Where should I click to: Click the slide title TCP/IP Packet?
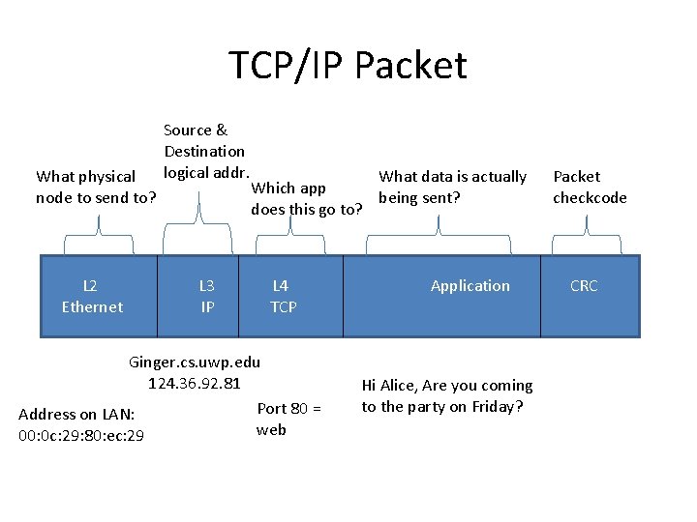coord(348,66)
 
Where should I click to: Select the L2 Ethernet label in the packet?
coord(92,296)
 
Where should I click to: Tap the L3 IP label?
coord(206,296)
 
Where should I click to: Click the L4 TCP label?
coord(283,296)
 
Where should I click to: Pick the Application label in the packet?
coord(470,286)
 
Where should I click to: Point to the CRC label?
coord(584,286)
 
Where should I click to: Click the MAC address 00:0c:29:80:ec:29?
coord(81,436)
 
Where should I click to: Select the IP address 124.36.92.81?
coord(194,384)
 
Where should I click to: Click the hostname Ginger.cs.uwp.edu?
coord(195,362)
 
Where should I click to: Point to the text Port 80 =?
coord(288,408)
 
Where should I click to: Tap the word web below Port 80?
coord(271,429)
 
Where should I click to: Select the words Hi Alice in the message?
coord(386,385)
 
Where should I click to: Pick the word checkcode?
coord(590,198)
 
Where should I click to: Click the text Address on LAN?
coord(76,415)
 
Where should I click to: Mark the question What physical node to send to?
coord(96,188)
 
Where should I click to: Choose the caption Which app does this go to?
coord(306,198)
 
